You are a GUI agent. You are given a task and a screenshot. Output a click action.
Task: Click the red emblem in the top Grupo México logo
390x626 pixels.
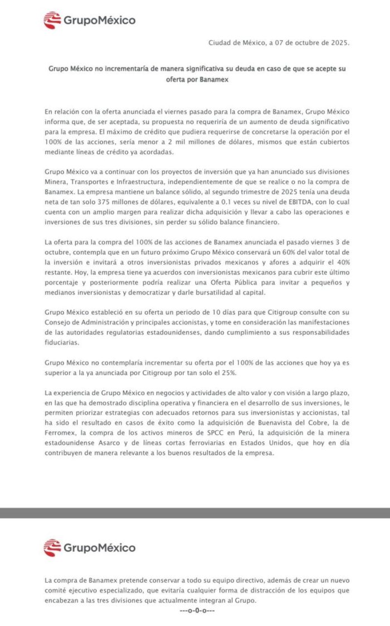coord(52,21)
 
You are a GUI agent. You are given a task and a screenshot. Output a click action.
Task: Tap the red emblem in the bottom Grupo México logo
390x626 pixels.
coord(52,547)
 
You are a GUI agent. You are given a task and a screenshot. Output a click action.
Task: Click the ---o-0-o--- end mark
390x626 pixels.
coord(196,610)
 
